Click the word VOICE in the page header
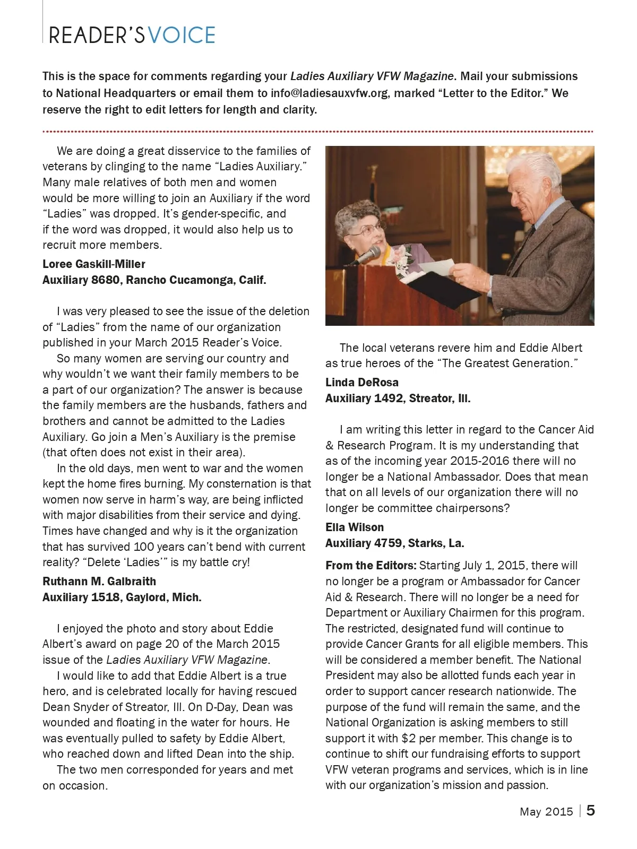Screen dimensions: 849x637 point(182,36)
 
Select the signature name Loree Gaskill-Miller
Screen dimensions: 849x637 point(94,264)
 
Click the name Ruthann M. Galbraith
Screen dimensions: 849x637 point(99,582)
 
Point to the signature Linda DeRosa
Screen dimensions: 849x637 point(362,383)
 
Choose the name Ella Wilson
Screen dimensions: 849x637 point(355,527)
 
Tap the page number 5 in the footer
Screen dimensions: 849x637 point(591,810)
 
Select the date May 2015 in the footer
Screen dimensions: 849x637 point(546,811)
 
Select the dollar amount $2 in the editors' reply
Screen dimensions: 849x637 point(408,739)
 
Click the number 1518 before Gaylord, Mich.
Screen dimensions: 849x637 point(106,597)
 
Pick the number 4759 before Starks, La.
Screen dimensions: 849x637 point(388,543)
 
